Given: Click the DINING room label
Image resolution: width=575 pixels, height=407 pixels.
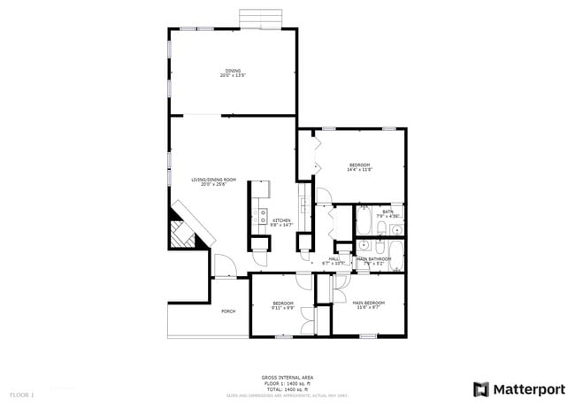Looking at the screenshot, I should click(232, 71).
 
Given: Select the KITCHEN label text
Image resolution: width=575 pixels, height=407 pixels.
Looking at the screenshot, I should click(281, 220).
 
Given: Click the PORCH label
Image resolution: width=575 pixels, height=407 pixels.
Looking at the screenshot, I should click(228, 311).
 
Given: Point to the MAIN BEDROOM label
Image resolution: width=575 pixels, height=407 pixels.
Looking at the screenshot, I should click(369, 303).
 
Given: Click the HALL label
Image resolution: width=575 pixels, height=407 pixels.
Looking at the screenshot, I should click(334, 259).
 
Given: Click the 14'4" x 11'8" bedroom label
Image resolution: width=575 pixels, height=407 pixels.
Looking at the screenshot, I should click(359, 165).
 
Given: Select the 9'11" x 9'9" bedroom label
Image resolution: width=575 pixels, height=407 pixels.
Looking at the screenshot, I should click(282, 304).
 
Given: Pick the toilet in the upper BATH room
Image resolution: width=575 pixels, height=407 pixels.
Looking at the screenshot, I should click(379, 230).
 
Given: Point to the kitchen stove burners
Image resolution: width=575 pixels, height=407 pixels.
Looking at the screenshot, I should click(262, 213).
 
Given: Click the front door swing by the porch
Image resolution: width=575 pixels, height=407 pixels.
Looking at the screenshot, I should click(223, 265).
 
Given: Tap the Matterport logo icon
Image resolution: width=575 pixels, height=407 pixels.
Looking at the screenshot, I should click(481, 389).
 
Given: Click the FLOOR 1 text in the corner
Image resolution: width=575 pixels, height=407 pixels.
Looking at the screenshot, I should click(22, 393).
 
